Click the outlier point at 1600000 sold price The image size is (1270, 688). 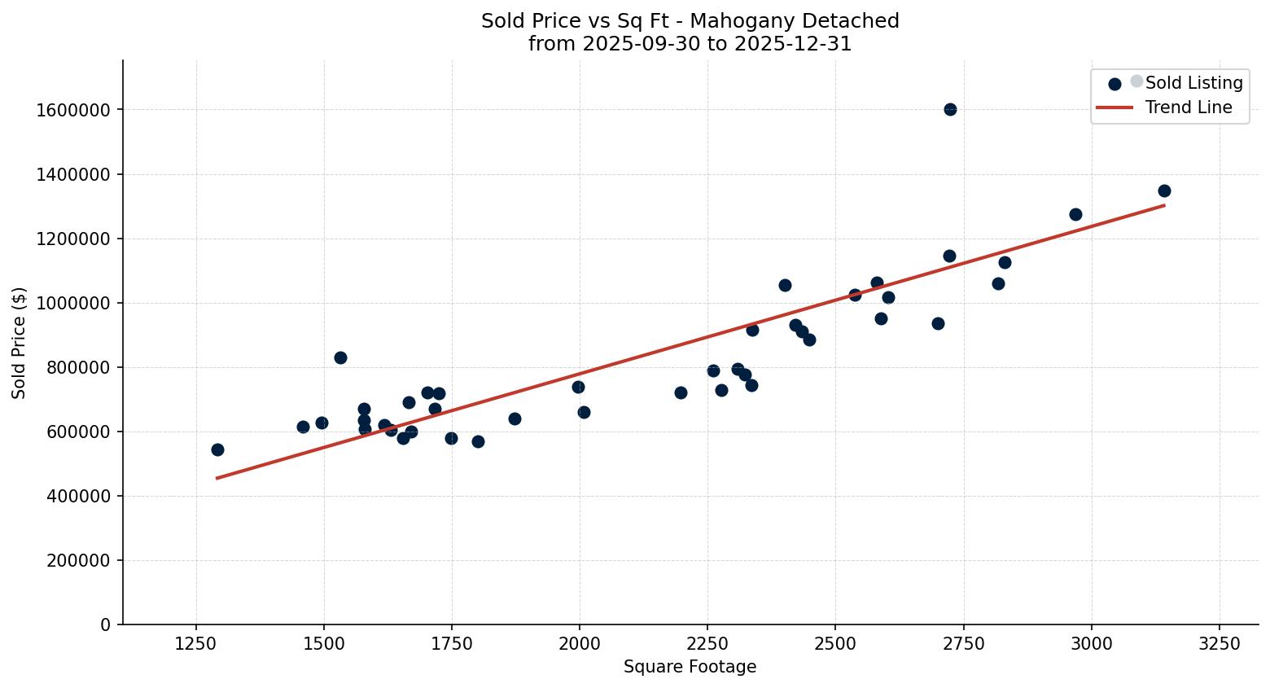[x=950, y=109]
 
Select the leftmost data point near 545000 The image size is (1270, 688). [x=217, y=449]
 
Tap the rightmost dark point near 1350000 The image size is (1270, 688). [x=1164, y=191]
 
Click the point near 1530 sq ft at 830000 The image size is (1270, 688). [x=340, y=357]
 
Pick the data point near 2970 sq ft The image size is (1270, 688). [x=1075, y=214]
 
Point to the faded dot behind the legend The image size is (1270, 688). [x=1137, y=81]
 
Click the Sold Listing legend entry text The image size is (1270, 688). [x=1193, y=83]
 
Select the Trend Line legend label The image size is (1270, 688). [x=1188, y=107]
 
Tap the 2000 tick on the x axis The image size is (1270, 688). [x=579, y=643]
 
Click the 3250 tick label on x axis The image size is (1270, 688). [x=1220, y=643]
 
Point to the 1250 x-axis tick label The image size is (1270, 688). [x=195, y=643]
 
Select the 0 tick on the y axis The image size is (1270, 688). [x=105, y=624]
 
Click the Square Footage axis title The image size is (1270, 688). [x=690, y=667]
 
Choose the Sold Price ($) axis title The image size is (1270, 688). [x=20, y=343]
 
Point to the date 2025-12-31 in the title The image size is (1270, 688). [x=793, y=44]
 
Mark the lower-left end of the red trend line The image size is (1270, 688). [x=217, y=478]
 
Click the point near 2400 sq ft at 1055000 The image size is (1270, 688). [x=785, y=285]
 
